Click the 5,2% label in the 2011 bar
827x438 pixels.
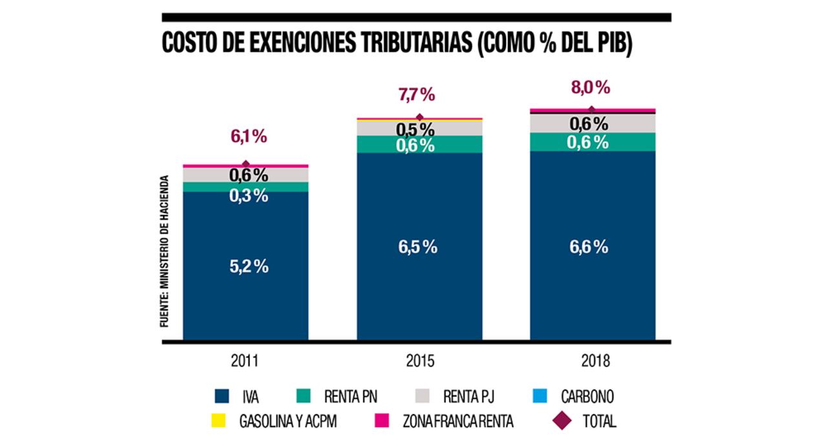pos(249,267)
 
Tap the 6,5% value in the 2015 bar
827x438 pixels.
pos(419,247)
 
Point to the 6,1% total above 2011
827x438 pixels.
pos(249,137)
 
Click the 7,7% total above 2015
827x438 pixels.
pos(417,96)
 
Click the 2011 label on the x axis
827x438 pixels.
pos(246,360)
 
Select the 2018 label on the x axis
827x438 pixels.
pos(593,360)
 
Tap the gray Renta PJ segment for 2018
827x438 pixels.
pos(549,123)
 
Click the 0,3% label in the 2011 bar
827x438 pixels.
pos(249,196)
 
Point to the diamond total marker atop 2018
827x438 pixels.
pos(591,110)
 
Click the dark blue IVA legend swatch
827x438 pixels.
pos(224,396)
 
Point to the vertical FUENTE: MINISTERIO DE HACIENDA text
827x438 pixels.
pos(165,251)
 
